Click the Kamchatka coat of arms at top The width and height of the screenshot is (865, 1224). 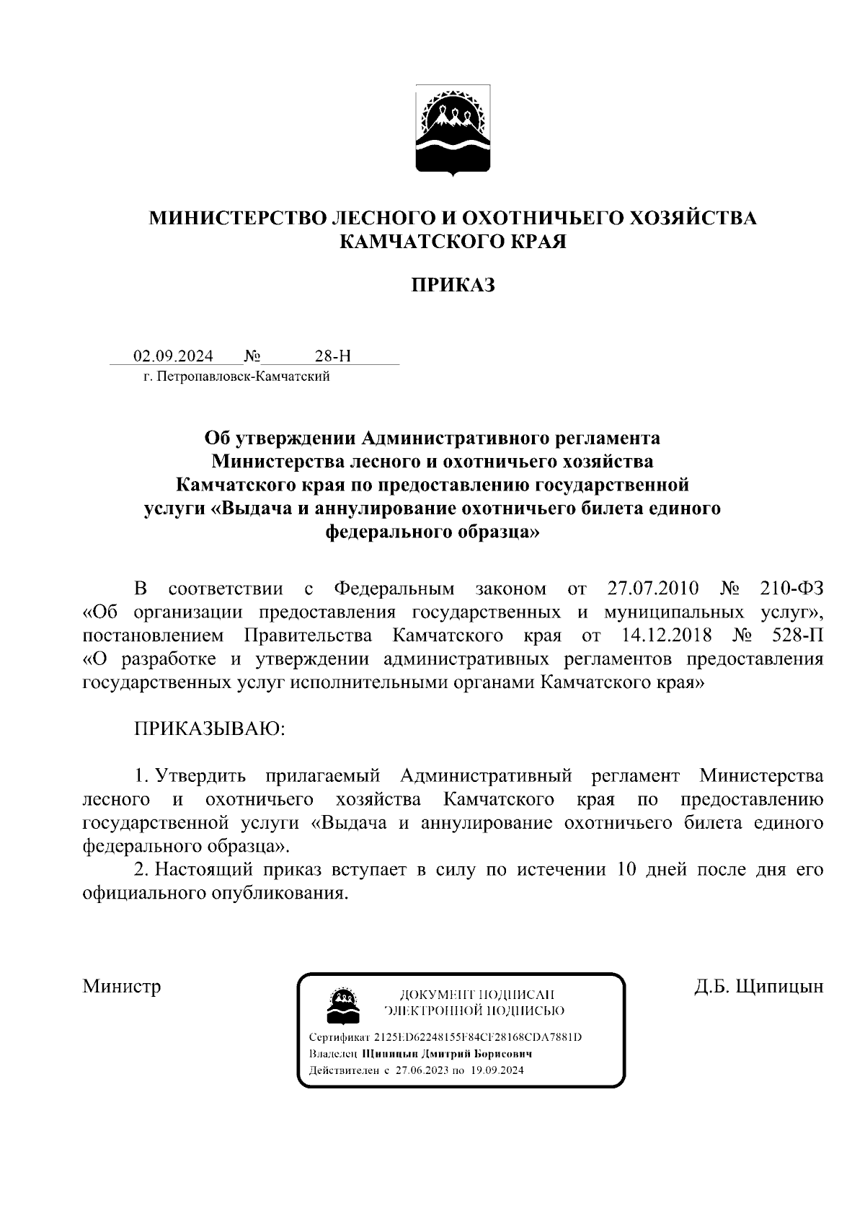(x=453, y=130)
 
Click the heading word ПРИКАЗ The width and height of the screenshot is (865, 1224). (x=453, y=286)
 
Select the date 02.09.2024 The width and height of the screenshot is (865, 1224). (x=173, y=356)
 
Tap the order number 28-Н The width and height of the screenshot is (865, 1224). (x=333, y=356)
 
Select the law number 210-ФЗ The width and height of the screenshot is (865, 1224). (x=791, y=589)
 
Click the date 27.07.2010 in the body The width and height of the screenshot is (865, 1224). (x=653, y=589)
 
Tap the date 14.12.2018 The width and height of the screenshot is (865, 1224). (x=665, y=635)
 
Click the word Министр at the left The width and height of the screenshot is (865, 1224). (x=121, y=986)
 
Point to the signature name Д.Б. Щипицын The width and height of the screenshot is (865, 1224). (x=758, y=986)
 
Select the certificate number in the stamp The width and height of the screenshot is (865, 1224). (x=477, y=1037)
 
